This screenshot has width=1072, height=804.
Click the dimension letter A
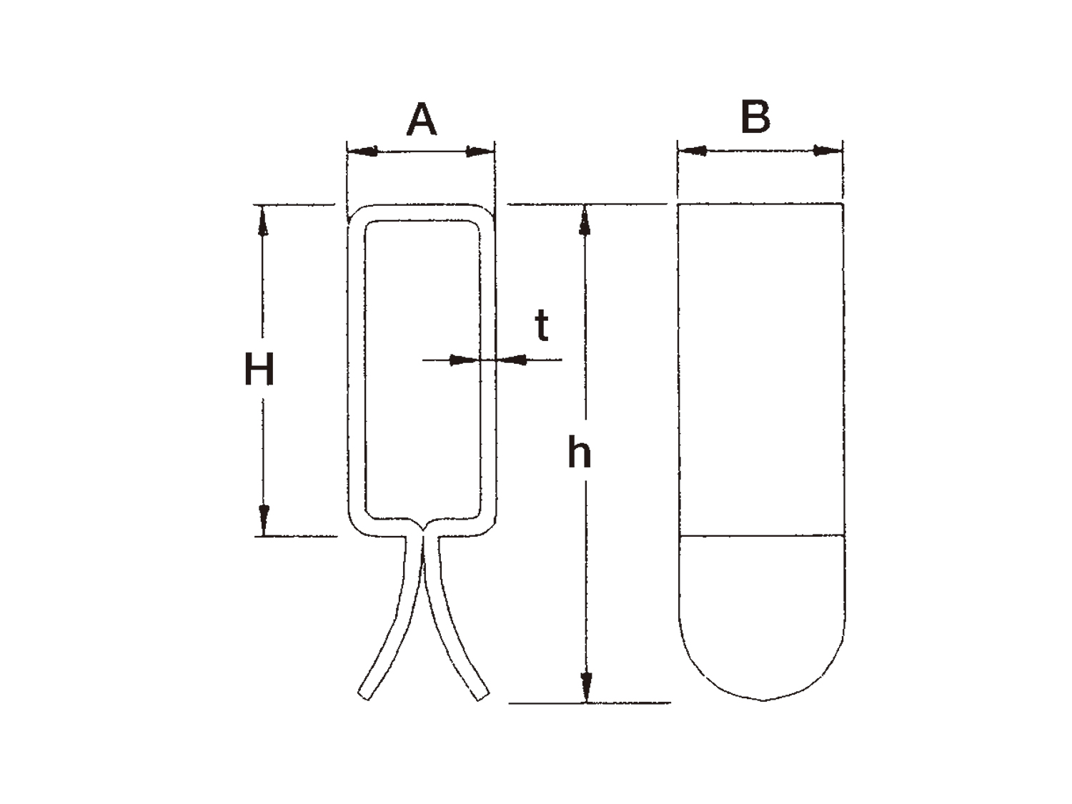[x=421, y=119]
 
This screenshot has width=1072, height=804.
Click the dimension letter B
[x=755, y=116]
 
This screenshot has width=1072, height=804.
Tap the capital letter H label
[x=259, y=369]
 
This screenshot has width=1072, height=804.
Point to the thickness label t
[x=542, y=325]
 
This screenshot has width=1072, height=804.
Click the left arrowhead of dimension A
[x=362, y=151]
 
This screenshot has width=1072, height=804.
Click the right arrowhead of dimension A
[x=480, y=152]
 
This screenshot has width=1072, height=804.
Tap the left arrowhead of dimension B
[x=692, y=150]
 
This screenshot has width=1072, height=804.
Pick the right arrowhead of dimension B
[x=828, y=151]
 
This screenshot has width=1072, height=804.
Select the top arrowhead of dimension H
[x=263, y=221]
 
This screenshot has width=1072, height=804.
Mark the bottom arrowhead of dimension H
[x=264, y=520]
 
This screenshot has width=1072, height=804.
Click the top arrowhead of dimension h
[x=585, y=220]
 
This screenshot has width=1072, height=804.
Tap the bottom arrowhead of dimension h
[x=587, y=688]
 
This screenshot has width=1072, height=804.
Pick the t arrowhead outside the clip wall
[x=511, y=360]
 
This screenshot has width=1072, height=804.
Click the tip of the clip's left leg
[x=364, y=696]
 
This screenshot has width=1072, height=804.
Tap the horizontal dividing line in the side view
[x=761, y=535]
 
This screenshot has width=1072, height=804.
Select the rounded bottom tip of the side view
[x=763, y=700]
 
